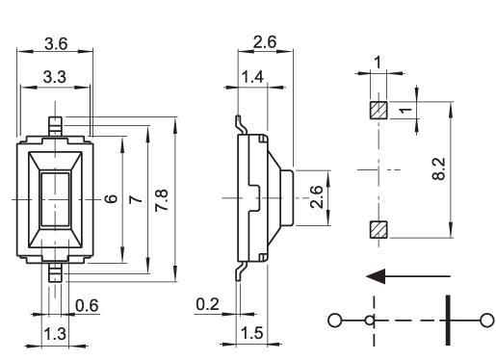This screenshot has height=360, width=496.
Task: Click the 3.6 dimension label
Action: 56,43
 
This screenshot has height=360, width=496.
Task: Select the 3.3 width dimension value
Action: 55,77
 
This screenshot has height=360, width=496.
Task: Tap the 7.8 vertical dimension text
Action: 162,200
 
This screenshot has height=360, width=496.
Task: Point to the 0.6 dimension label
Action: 87,305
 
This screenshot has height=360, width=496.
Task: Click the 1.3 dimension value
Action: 55,334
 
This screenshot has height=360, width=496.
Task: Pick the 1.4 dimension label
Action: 252,77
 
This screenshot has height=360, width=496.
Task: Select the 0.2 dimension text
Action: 207,304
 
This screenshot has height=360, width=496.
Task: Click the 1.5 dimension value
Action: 251,333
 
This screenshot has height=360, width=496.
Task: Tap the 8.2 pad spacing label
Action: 439,168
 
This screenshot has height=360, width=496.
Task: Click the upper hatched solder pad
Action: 379,110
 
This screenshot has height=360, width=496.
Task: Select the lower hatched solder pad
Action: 379,230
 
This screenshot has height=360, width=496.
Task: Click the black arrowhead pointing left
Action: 376,276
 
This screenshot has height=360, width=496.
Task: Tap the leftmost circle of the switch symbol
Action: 334,321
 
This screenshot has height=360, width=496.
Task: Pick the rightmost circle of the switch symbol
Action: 487,321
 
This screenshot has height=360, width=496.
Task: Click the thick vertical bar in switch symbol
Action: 448,321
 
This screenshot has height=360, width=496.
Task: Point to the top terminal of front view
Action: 55,126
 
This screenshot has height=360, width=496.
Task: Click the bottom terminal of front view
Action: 55,272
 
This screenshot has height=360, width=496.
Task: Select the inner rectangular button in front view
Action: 55,199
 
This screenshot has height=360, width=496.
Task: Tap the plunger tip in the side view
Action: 287,197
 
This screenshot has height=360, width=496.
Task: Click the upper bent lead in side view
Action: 242,125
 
